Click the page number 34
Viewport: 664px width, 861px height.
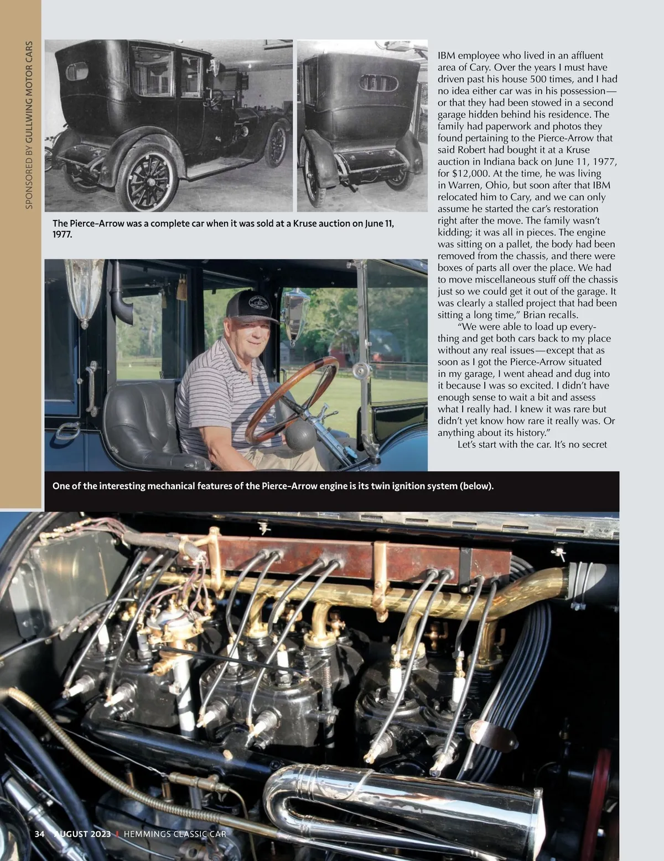tap(39, 849)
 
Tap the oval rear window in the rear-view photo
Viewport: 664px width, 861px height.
tap(379, 83)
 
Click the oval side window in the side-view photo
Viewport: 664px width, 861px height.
tap(77, 71)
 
